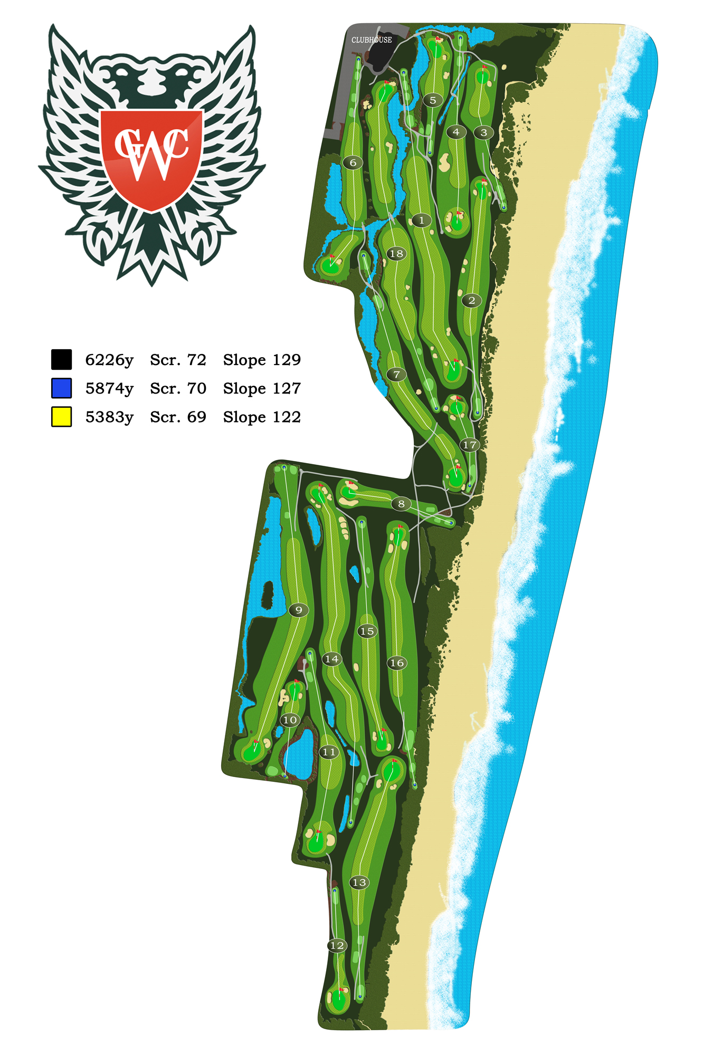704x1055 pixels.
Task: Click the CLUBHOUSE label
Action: coord(372,40)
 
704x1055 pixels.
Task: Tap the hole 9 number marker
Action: coord(299,610)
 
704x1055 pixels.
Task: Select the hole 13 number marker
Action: coord(359,883)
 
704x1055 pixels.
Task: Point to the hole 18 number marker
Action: coord(396,254)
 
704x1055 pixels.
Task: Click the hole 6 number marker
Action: coord(353,162)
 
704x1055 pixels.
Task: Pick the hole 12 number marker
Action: coord(337,946)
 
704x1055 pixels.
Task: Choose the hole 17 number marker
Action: coord(469,445)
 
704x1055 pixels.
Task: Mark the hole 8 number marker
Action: coord(401,504)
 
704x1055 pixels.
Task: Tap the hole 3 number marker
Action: coord(484,132)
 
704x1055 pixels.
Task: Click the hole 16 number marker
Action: coord(397,663)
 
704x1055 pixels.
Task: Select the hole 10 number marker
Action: coord(290,720)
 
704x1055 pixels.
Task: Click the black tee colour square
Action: coord(62,359)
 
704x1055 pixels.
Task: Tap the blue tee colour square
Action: coord(62,388)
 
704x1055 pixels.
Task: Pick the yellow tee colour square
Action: coord(62,417)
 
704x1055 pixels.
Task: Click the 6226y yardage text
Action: coord(109,360)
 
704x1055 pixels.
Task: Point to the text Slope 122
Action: coord(262,417)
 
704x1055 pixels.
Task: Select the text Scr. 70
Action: coord(178,389)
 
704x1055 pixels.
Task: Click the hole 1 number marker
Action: coord(421,220)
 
